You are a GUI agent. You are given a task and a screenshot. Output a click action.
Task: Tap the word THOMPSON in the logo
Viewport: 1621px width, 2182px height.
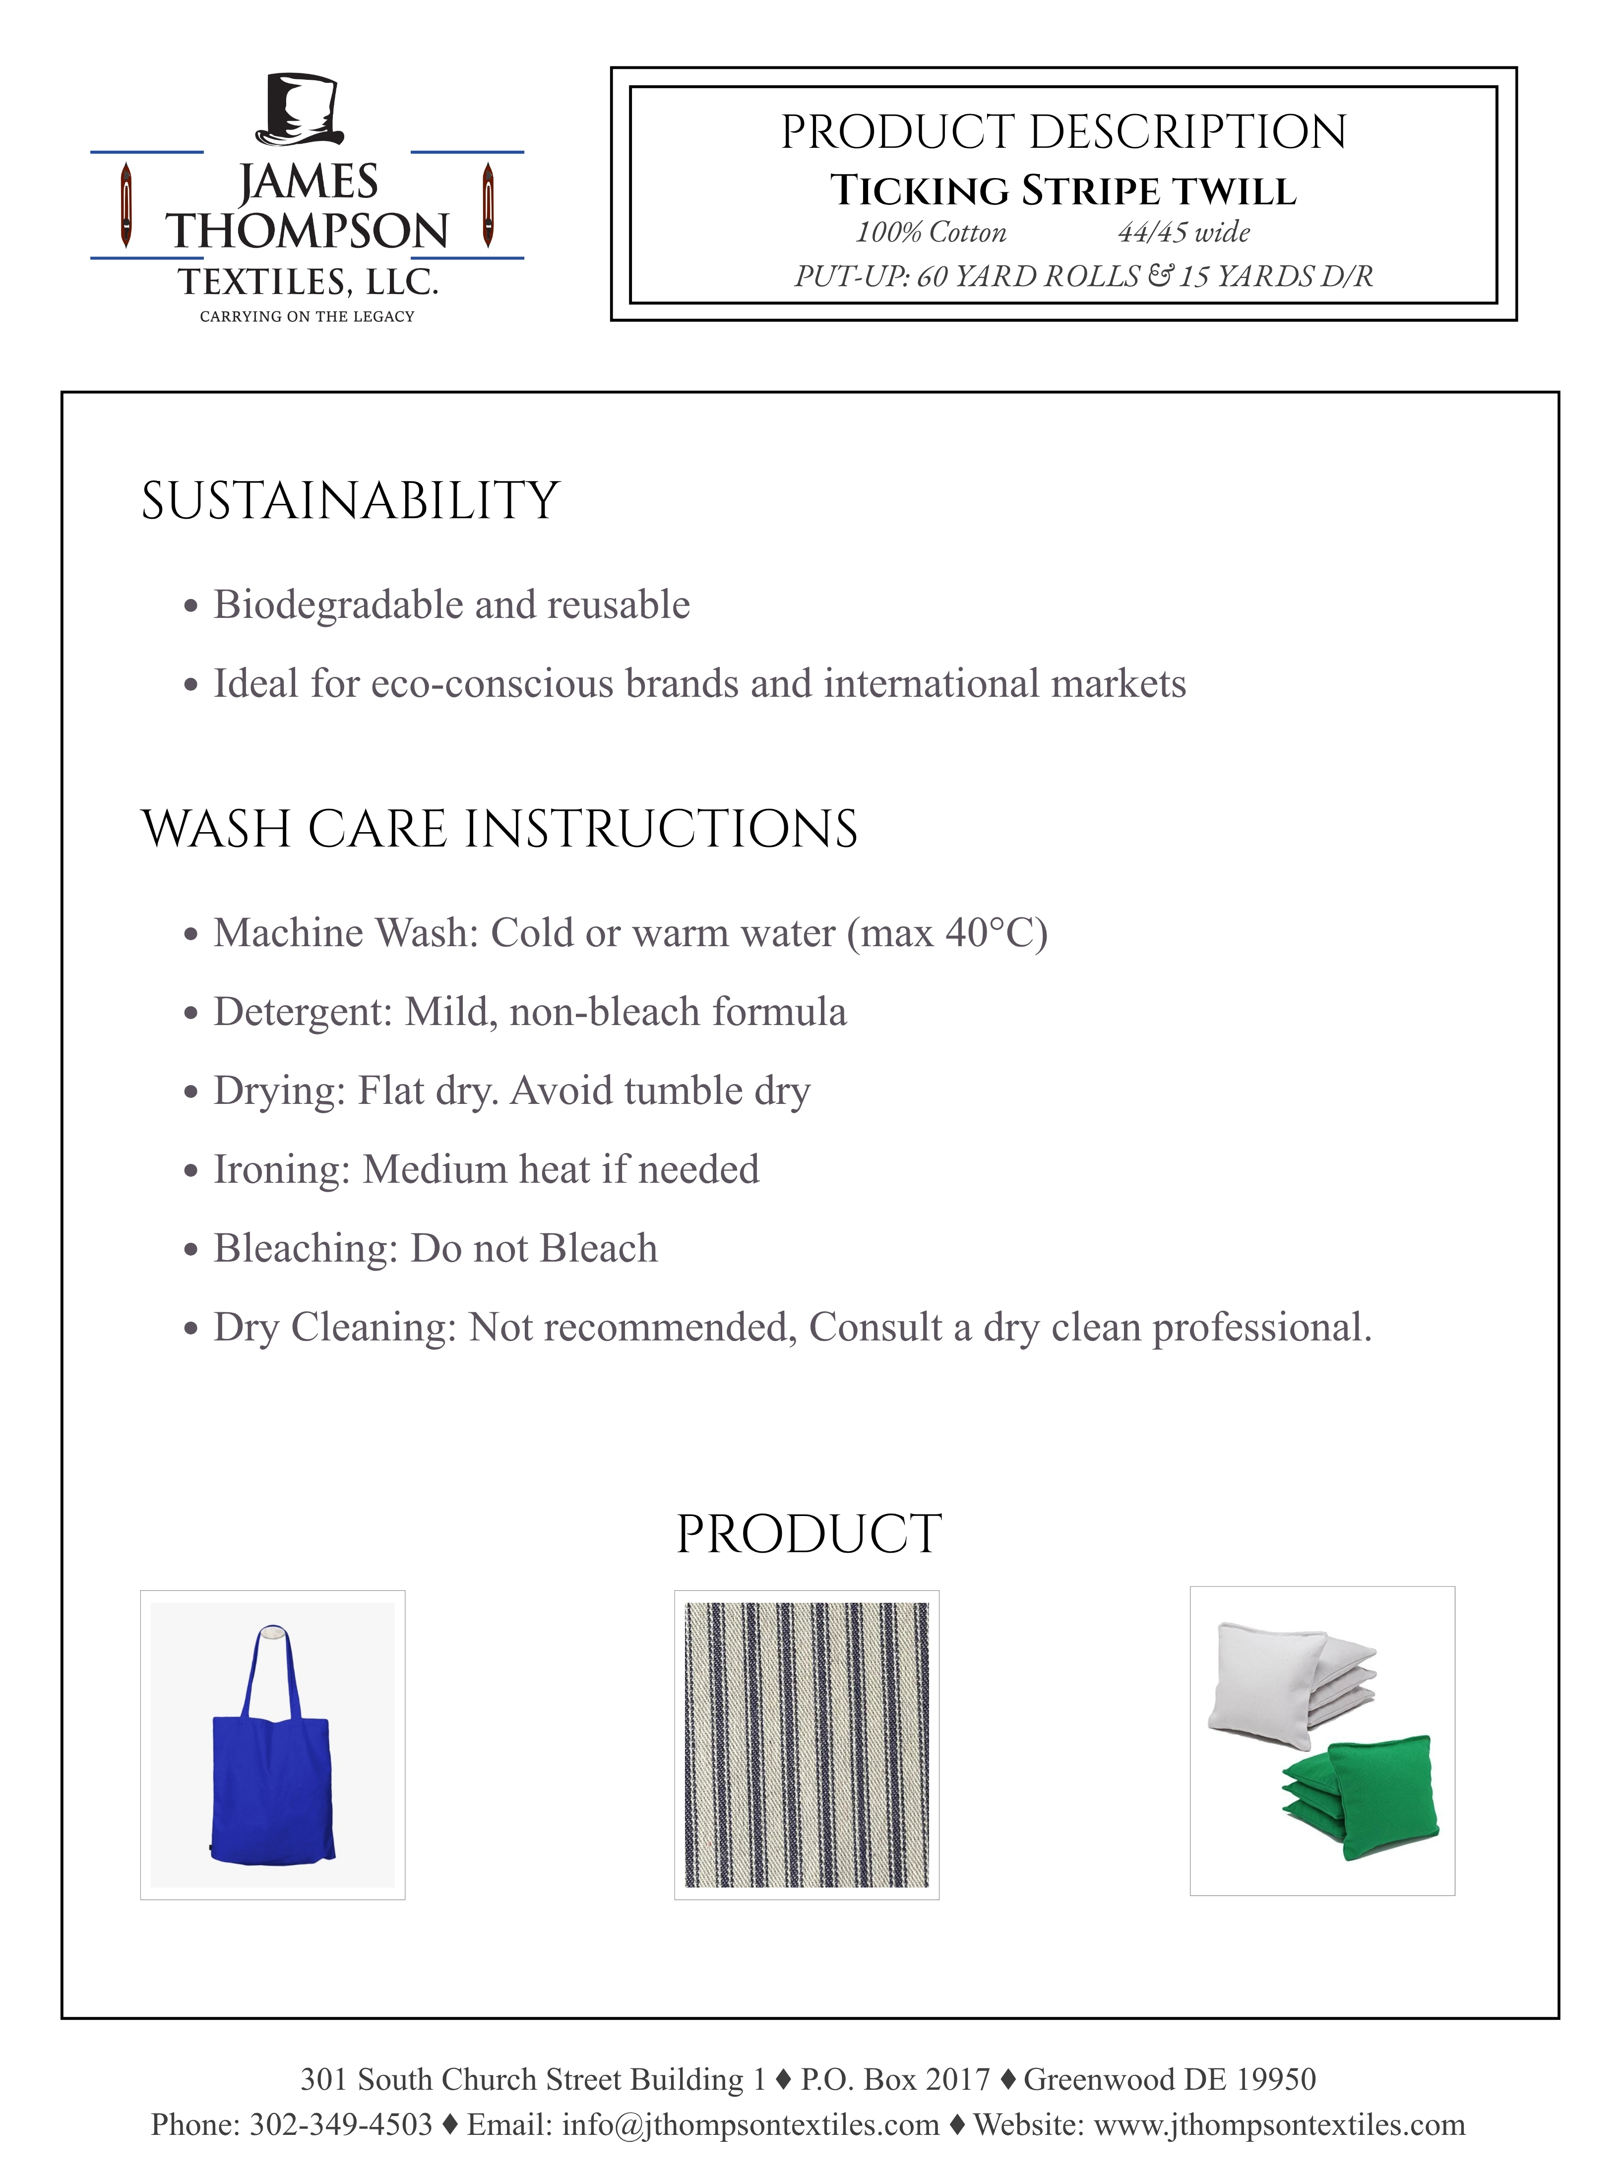(x=307, y=232)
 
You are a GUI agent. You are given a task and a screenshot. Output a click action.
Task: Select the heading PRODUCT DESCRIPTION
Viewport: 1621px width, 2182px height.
(x=1063, y=132)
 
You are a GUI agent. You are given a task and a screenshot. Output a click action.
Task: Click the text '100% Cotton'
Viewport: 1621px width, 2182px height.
(x=930, y=233)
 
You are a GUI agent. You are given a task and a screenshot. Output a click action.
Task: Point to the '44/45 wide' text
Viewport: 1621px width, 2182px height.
(x=1184, y=233)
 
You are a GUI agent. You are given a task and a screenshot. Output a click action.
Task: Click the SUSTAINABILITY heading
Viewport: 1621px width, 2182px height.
(x=350, y=501)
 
